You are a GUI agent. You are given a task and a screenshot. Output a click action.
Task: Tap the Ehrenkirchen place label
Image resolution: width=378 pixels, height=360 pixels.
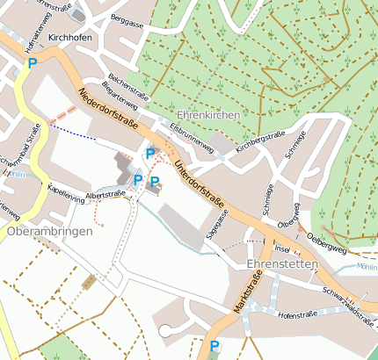(208, 116)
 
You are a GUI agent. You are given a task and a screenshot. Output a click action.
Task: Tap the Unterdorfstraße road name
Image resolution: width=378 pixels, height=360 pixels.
(199, 185)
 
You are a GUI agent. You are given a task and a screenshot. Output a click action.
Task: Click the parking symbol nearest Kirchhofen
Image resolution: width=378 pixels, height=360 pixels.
(33, 63)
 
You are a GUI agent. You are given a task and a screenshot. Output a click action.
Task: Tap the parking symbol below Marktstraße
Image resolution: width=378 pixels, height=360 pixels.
(214, 346)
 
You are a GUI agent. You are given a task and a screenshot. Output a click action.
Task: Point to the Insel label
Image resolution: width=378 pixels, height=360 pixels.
(283, 249)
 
